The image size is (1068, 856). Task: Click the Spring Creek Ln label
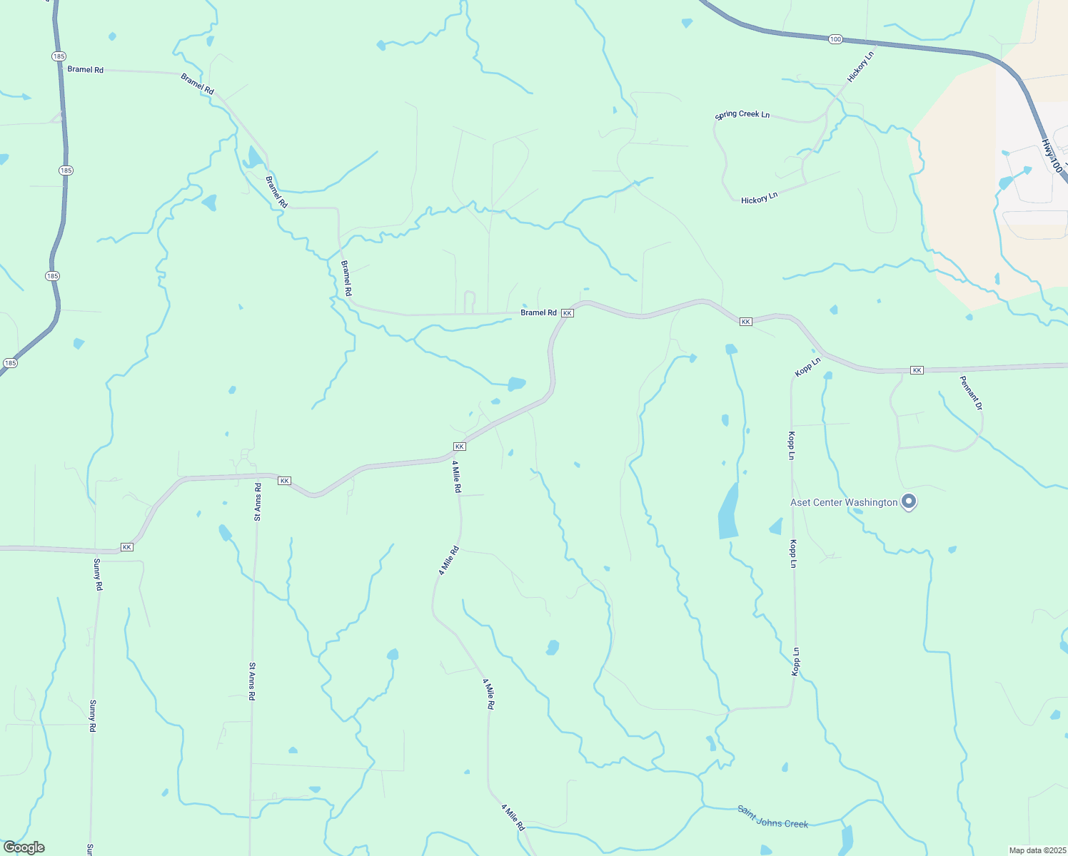point(742,114)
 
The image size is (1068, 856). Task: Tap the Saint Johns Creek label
point(772,817)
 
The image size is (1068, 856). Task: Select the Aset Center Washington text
point(844,502)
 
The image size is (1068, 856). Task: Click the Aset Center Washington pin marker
point(909,501)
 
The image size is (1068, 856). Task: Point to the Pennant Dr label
point(971,392)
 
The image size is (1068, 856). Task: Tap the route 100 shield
point(835,39)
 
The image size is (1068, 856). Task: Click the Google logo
point(24,847)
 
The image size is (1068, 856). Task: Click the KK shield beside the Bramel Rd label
point(568,313)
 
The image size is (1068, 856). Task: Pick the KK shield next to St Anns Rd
point(285,481)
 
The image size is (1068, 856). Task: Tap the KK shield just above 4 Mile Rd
point(460,447)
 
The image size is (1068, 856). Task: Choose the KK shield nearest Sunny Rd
point(127,547)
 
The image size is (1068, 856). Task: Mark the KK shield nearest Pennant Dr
point(917,370)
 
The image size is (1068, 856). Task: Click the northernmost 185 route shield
point(59,56)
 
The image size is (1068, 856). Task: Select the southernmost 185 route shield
point(10,363)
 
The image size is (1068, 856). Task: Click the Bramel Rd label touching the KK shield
point(538,312)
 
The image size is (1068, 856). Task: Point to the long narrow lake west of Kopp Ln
point(728,511)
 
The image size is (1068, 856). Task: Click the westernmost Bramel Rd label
point(86,69)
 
